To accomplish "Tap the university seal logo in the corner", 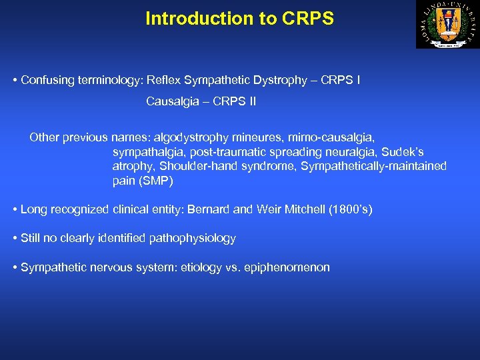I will tap(447, 25).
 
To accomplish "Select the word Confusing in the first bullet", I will tap(46, 80).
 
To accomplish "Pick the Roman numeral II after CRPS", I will tap(250, 102).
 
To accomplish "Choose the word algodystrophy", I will tap(191, 138).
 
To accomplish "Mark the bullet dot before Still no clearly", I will tap(15, 239).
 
